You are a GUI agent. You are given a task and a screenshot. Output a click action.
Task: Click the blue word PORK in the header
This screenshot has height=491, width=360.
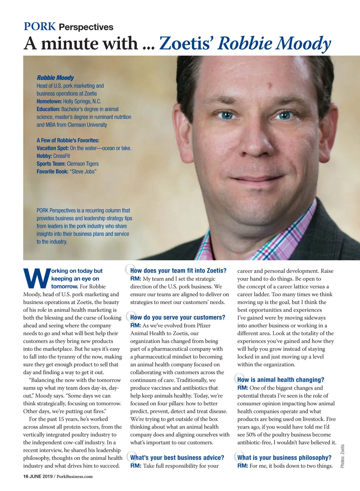point(40,27)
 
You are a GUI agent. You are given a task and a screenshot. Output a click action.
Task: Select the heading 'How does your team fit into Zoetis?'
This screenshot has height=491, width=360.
point(178,271)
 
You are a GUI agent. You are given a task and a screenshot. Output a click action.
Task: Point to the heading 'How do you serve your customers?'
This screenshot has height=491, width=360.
point(178,317)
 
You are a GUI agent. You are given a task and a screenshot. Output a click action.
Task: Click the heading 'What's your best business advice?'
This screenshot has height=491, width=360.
point(177,458)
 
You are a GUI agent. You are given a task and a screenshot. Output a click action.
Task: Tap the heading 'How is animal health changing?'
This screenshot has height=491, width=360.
point(280,380)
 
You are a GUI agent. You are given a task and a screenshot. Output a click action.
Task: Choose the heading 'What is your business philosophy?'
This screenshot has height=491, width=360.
point(284,458)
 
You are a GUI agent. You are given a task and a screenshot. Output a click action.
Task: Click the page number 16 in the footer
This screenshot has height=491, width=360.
point(26,476)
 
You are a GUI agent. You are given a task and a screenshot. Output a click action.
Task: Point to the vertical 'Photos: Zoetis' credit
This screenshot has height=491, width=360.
point(343,456)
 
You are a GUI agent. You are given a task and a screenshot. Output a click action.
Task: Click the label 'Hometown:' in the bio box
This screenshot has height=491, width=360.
point(49,101)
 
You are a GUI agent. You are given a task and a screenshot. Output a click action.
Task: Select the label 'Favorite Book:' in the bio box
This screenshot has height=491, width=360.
point(52,171)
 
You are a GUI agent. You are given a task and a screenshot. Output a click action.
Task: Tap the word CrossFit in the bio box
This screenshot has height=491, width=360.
point(61,156)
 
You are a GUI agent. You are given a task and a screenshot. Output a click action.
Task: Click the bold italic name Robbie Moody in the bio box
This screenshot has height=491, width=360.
point(55,78)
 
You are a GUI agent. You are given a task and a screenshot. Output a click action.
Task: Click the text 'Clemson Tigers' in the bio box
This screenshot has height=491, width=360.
point(83,164)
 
